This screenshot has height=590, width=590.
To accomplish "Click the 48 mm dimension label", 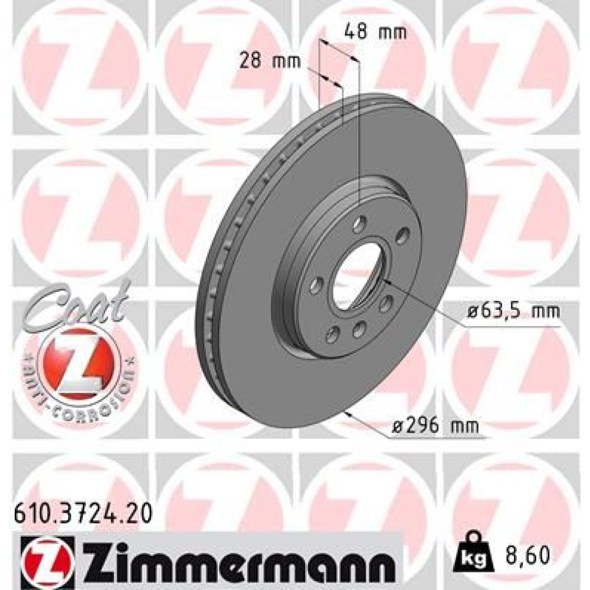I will point(375,32).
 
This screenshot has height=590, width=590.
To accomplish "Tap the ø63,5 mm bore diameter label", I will point(511,310).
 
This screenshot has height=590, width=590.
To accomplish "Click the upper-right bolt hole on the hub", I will point(403,236).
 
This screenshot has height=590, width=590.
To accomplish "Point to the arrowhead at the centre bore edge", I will point(387,283).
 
